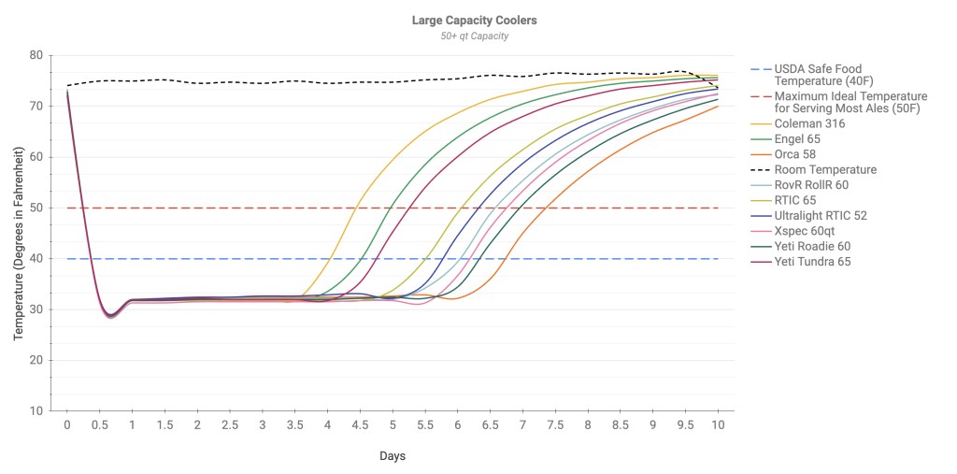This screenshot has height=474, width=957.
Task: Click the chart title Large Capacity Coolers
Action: tap(475, 20)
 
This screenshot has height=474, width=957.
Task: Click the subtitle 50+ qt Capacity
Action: tap(475, 36)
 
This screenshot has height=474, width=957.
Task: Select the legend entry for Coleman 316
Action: tap(808, 124)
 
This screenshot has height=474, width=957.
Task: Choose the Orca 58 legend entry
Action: tap(800, 154)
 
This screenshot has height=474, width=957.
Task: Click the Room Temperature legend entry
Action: tap(825, 170)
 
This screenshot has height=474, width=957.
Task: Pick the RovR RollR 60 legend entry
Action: tap(812, 185)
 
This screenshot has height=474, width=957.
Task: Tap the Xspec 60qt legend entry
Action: tap(807, 231)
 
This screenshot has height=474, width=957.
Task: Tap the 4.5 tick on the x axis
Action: tap(360, 425)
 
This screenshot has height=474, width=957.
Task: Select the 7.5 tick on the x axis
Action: tap(555, 425)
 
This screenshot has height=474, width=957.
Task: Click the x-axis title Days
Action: tap(392, 456)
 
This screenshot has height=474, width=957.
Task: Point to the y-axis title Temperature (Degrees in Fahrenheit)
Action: tap(19, 234)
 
